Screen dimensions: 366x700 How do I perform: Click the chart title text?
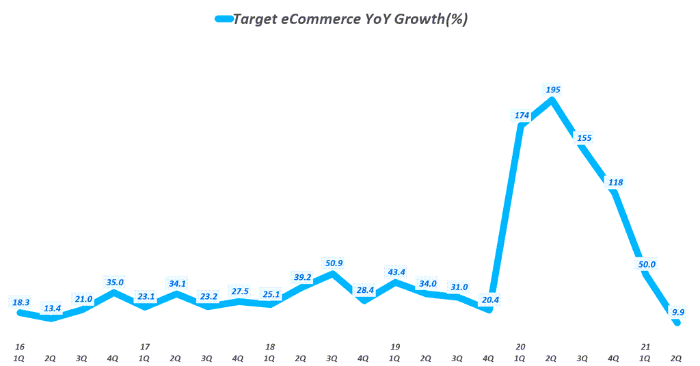350,19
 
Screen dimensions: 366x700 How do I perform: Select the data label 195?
552,89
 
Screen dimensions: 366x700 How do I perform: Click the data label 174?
522,115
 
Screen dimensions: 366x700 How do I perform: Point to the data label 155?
584,138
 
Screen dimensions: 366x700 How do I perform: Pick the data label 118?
615,182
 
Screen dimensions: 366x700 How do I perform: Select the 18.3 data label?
21,302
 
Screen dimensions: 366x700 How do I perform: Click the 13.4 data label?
53,308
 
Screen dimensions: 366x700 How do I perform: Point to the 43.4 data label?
396,272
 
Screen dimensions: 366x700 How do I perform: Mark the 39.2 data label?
302,278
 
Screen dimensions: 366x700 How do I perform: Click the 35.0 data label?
114,282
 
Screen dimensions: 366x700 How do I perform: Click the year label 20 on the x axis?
521,347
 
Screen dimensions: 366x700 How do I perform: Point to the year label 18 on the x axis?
271,347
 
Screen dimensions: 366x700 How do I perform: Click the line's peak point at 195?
552,100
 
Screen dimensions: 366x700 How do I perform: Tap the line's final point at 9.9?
677,323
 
